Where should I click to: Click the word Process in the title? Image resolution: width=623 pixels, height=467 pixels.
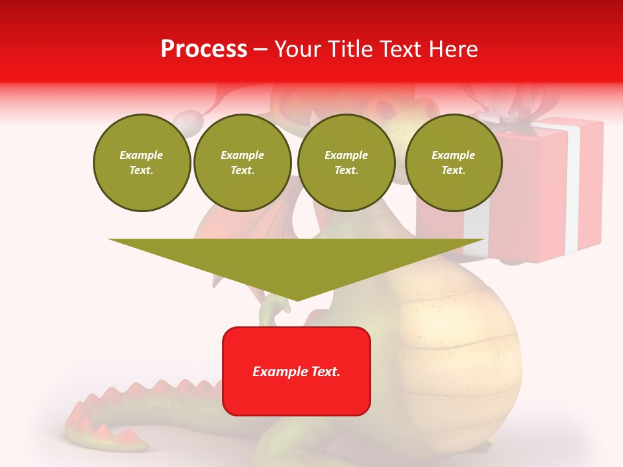coord(204,49)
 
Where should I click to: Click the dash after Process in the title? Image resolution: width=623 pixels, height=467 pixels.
coord(261,50)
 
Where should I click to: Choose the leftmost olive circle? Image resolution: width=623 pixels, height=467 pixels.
coord(141,163)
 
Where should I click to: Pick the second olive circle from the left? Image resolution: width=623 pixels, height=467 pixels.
coord(242,163)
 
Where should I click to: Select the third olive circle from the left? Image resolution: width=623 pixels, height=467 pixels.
coord(346,163)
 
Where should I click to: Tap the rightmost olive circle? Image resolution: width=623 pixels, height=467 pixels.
coord(453,163)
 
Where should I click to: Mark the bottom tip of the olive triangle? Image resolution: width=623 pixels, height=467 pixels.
coord(297,299)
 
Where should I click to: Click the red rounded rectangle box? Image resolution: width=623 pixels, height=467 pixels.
coord(297,396)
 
